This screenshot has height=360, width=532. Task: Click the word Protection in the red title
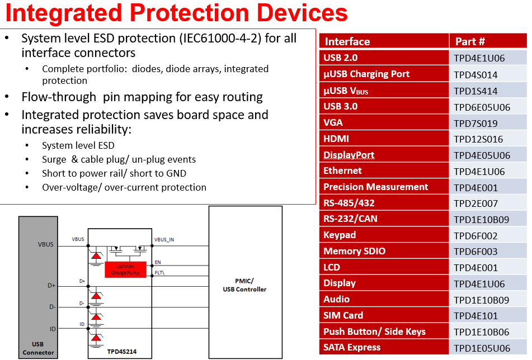[189, 13]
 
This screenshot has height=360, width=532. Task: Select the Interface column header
[347, 41]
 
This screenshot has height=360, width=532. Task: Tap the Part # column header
[470, 41]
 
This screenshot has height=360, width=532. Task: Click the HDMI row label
[336, 139]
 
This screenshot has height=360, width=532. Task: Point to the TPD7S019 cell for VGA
[475, 124]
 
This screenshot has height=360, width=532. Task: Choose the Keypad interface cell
[340, 235]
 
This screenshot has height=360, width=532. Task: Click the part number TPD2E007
[475, 203]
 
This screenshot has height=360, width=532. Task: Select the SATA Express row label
[352, 348]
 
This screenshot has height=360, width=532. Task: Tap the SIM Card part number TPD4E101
[475, 316]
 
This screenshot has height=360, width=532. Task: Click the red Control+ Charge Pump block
[125, 269]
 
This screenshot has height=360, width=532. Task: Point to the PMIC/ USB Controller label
[244, 285]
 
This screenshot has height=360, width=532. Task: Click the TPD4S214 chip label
[122, 352]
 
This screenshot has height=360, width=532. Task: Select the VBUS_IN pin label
[164, 240]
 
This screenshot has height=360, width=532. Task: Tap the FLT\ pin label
[159, 273]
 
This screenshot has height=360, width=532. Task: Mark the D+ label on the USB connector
[51, 286]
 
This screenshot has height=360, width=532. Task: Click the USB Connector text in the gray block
[38, 348]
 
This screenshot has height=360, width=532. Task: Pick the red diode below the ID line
[96, 338]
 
